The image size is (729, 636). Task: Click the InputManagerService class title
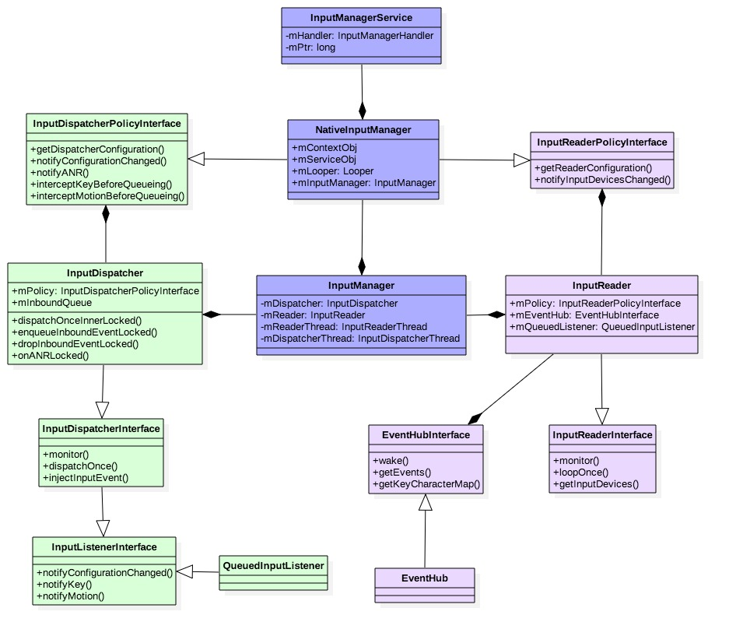[x=361, y=17]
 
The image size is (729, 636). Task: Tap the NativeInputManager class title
[x=363, y=129]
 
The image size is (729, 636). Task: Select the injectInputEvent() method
[x=86, y=477]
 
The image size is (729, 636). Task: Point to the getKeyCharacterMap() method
[x=426, y=484]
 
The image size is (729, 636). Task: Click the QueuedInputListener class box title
[x=273, y=565]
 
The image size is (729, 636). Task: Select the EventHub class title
[x=425, y=578]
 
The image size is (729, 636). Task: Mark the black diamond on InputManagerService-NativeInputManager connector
[x=363, y=110]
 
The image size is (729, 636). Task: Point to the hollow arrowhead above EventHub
[x=425, y=503]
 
